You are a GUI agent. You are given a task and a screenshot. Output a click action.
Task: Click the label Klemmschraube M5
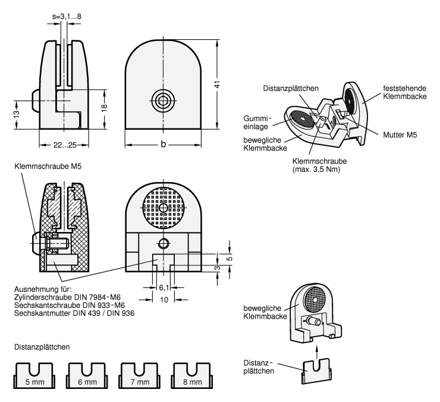click(48, 167)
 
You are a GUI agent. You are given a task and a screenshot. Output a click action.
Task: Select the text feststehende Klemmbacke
click(404, 92)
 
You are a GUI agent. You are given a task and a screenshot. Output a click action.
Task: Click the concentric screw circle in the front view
click(164, 99)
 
